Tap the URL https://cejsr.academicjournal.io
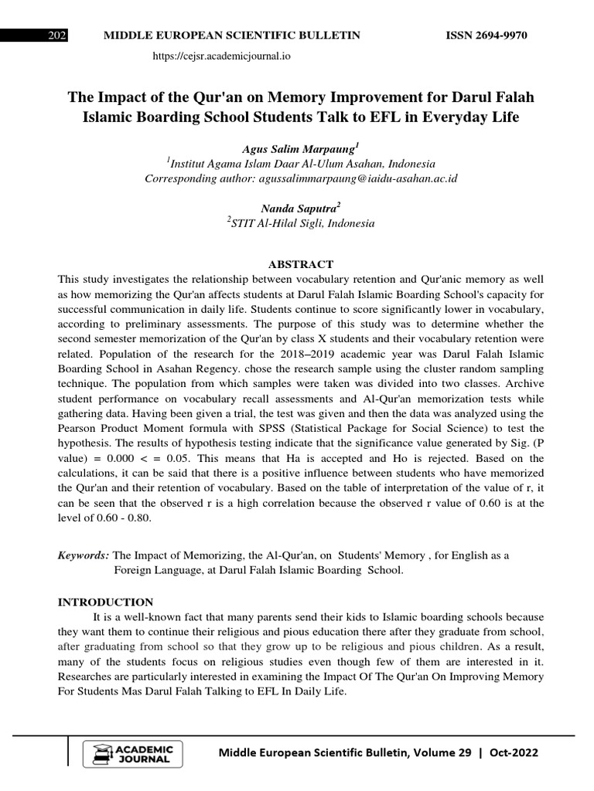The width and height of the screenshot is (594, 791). (222, 56)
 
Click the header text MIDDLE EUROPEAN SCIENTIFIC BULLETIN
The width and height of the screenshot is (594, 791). (227, 36)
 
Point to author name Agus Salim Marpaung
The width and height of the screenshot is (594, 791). (299, 148)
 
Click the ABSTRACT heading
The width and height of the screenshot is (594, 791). (300, 264)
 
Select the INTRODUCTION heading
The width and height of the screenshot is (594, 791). (106, 602)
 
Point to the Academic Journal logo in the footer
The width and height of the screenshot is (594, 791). (138, 754)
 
